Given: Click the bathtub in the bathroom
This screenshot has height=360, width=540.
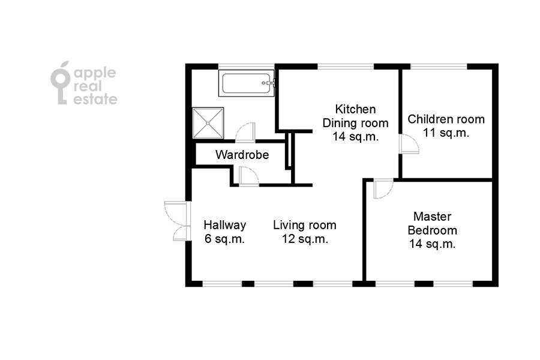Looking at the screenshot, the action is (x=246, y=83).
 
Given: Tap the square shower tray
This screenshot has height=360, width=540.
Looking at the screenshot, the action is (x=208, y=123).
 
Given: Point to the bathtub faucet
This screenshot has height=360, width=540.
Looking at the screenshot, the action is (x=269, y=83).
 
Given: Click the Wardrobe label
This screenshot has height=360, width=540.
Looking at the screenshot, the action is (x=242, y=155).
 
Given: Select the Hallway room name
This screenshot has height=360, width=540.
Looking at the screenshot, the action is (x=225, y=225).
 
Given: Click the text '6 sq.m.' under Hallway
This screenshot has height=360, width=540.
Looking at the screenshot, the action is (x=224, y=239).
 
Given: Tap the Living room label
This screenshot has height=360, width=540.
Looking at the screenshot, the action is (x=304, y=225).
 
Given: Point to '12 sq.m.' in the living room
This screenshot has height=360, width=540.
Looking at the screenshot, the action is (x=305, y=239).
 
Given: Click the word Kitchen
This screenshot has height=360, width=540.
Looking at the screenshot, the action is (x=355, y=109).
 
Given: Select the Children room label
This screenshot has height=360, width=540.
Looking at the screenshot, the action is (x=446, y=119).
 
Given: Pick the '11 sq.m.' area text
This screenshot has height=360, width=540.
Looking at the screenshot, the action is (x=446, y=133).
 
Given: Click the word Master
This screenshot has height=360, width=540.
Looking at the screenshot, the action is (x=432, y=217).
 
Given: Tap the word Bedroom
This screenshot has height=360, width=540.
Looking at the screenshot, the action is (x=432, y=230).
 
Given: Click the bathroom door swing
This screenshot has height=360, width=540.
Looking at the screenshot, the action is (x=245, y=132).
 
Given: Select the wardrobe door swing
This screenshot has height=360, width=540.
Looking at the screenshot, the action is (x=248, y=176).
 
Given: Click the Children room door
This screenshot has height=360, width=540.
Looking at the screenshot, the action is (x=409, y=143).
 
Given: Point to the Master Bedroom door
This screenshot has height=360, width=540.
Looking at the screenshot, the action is (x=383, y=189).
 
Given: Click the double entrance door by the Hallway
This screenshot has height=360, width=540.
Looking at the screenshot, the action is (x=178, y=220).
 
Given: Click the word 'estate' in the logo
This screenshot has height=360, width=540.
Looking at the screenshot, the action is (x=95, y=99).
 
